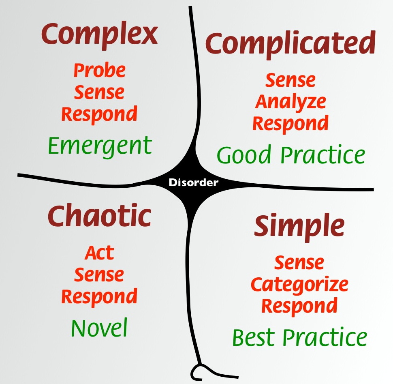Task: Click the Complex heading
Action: tap(99, 35)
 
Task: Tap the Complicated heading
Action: tap(290, 44)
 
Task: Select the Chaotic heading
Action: tap(99, 217)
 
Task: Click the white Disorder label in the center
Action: tap(194, 183)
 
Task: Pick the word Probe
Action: tap(99, 71)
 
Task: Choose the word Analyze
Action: tap(290, 102)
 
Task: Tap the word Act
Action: tap(99, 253)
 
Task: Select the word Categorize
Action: tap(299, 284)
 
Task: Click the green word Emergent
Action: tap(100, 145)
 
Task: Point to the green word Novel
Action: tap(99, 328)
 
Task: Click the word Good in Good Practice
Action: tap(244, 155)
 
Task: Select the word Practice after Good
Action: tap(323, 155)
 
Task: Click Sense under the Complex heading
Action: tap(99, 92)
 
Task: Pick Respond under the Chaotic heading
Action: tap(99, 296)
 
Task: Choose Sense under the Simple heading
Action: tap(299, 263)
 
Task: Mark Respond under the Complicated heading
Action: tap(290, 123)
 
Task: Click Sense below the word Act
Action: tap(99, 275)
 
